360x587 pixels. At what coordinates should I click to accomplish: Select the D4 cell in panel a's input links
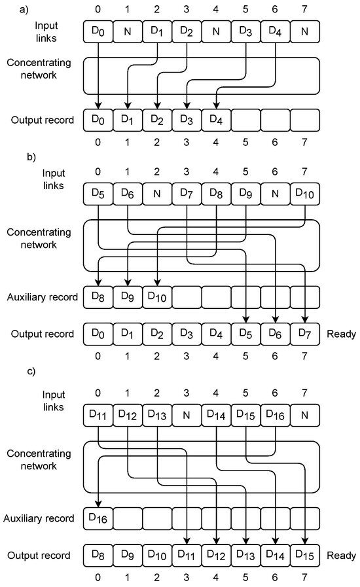[275, 31]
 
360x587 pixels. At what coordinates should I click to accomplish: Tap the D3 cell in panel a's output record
[187, 120]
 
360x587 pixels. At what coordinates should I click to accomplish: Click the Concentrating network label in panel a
[41, 68]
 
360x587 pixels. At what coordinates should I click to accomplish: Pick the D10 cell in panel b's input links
[304, 194]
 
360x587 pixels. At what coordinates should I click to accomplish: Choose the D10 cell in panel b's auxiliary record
[157, 297]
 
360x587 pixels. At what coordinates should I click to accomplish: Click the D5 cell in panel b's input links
[98, 194]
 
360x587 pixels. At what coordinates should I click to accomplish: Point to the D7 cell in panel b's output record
[304, 334]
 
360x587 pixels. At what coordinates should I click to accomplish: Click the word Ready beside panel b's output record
[341, 334]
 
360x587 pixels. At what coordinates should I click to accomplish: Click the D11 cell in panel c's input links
[98, 416]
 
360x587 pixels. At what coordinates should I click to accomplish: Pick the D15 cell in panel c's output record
[304, 556]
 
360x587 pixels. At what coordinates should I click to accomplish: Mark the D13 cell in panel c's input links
[157, 416]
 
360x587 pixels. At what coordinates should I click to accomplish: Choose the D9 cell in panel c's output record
[128, 556]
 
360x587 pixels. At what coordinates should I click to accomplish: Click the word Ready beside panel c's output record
[341, 556]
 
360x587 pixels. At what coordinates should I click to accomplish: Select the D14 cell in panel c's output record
[275, 556]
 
